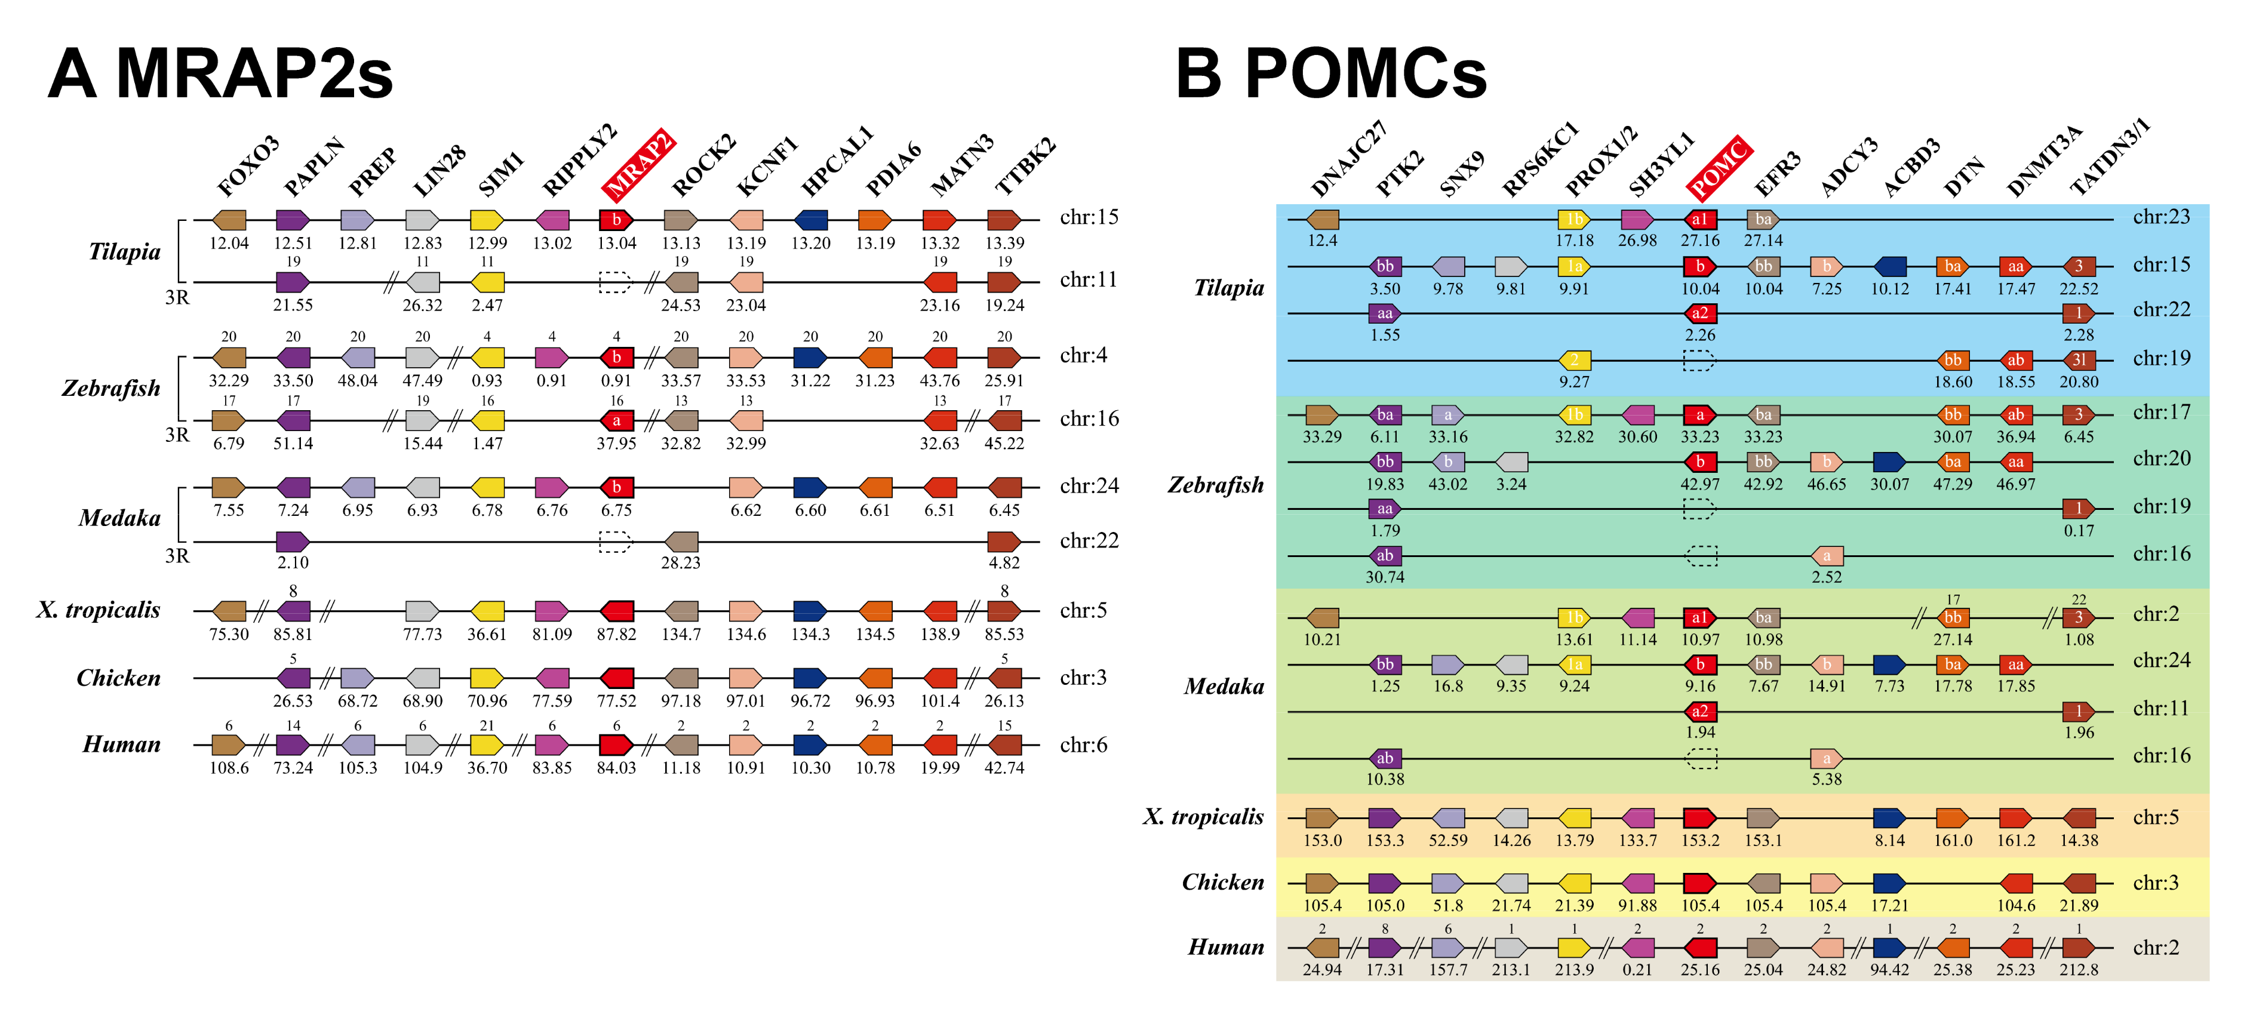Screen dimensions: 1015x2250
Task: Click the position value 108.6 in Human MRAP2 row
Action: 229,768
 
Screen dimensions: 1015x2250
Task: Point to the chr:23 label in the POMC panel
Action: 2161,217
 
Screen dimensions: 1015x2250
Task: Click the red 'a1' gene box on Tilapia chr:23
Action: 1699,219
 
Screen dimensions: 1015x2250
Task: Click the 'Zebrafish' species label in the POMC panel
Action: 1215,485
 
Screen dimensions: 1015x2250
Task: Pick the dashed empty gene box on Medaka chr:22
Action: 615,542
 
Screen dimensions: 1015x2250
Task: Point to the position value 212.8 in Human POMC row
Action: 2078,970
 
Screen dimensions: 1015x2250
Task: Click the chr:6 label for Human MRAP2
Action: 1083,745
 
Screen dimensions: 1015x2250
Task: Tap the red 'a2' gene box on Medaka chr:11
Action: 1699,711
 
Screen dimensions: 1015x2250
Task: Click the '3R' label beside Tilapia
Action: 177,298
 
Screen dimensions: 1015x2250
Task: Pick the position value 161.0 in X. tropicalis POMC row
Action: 1952,840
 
